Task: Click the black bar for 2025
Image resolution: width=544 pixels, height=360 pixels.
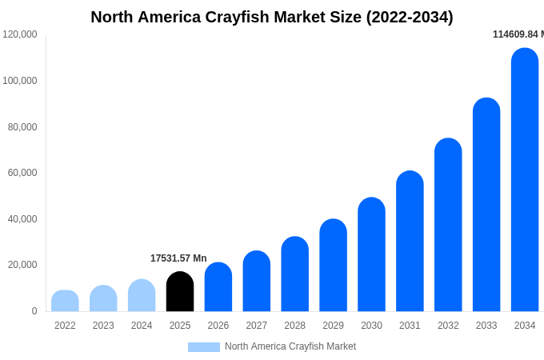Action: coord(180,292)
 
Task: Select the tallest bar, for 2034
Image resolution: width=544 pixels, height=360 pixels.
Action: coord(525,180)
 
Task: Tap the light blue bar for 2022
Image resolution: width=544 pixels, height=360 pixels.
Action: coord(65,301)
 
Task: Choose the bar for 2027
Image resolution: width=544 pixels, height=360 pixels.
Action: coord(257,282)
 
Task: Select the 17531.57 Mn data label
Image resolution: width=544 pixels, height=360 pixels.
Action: coord(178,258)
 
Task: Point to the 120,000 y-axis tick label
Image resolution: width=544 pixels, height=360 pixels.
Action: coord(19,34)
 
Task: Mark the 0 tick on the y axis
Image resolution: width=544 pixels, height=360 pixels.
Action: coord(34,311)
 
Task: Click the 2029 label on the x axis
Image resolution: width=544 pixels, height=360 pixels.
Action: coord(333,326)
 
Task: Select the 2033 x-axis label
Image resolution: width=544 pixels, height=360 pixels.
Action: coord(486,326)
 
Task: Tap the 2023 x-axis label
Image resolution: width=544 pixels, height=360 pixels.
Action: coord(103,326)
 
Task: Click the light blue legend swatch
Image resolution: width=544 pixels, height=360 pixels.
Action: coord(203,347)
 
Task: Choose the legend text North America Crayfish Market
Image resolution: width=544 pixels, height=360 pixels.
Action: coord(290,346)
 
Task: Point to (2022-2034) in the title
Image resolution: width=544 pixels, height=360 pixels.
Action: coord(410,17)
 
